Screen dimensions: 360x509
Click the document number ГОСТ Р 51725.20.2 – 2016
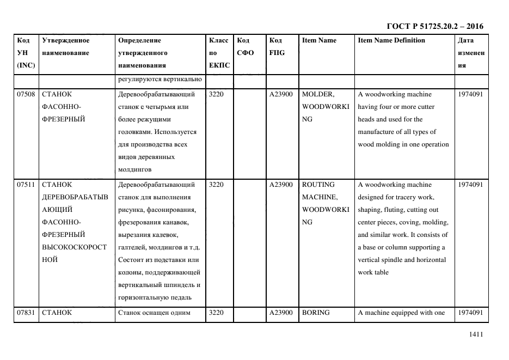pyautogui.click(x=434, y=26)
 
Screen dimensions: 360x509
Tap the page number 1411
pyautogui.click(x=475, y=334)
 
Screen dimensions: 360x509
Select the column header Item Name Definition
pyautogui.click(x=391, y=40)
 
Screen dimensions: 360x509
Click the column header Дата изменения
pyautogui.click(x=470, y=53)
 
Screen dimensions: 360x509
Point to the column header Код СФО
pyautogui.click(x=246, y=46)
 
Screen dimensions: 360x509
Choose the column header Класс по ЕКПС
pyautogui.click(x=218, y=53)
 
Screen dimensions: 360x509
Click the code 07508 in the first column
pyautogui.click(x=26, y=94)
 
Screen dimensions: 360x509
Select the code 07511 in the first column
pyautogui.click(x=26, y=185)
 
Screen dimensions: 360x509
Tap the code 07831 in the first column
pyautogui.click(x=26, y=313)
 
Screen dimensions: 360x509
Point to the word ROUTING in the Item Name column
pyautogui.click(x=318, y=185)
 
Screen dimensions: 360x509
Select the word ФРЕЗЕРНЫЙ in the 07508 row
pyautogui.click(x=63, y=119)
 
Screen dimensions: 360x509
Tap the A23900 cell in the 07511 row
pyautogui.click(x=281, y=185)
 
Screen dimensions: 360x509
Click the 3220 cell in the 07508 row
pyautogui.click(x=216, y=94)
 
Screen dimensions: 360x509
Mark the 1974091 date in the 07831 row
pyautogui.click(x=470, y=313)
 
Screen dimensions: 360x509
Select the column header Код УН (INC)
pyautogui.click(x=26, y=53)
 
